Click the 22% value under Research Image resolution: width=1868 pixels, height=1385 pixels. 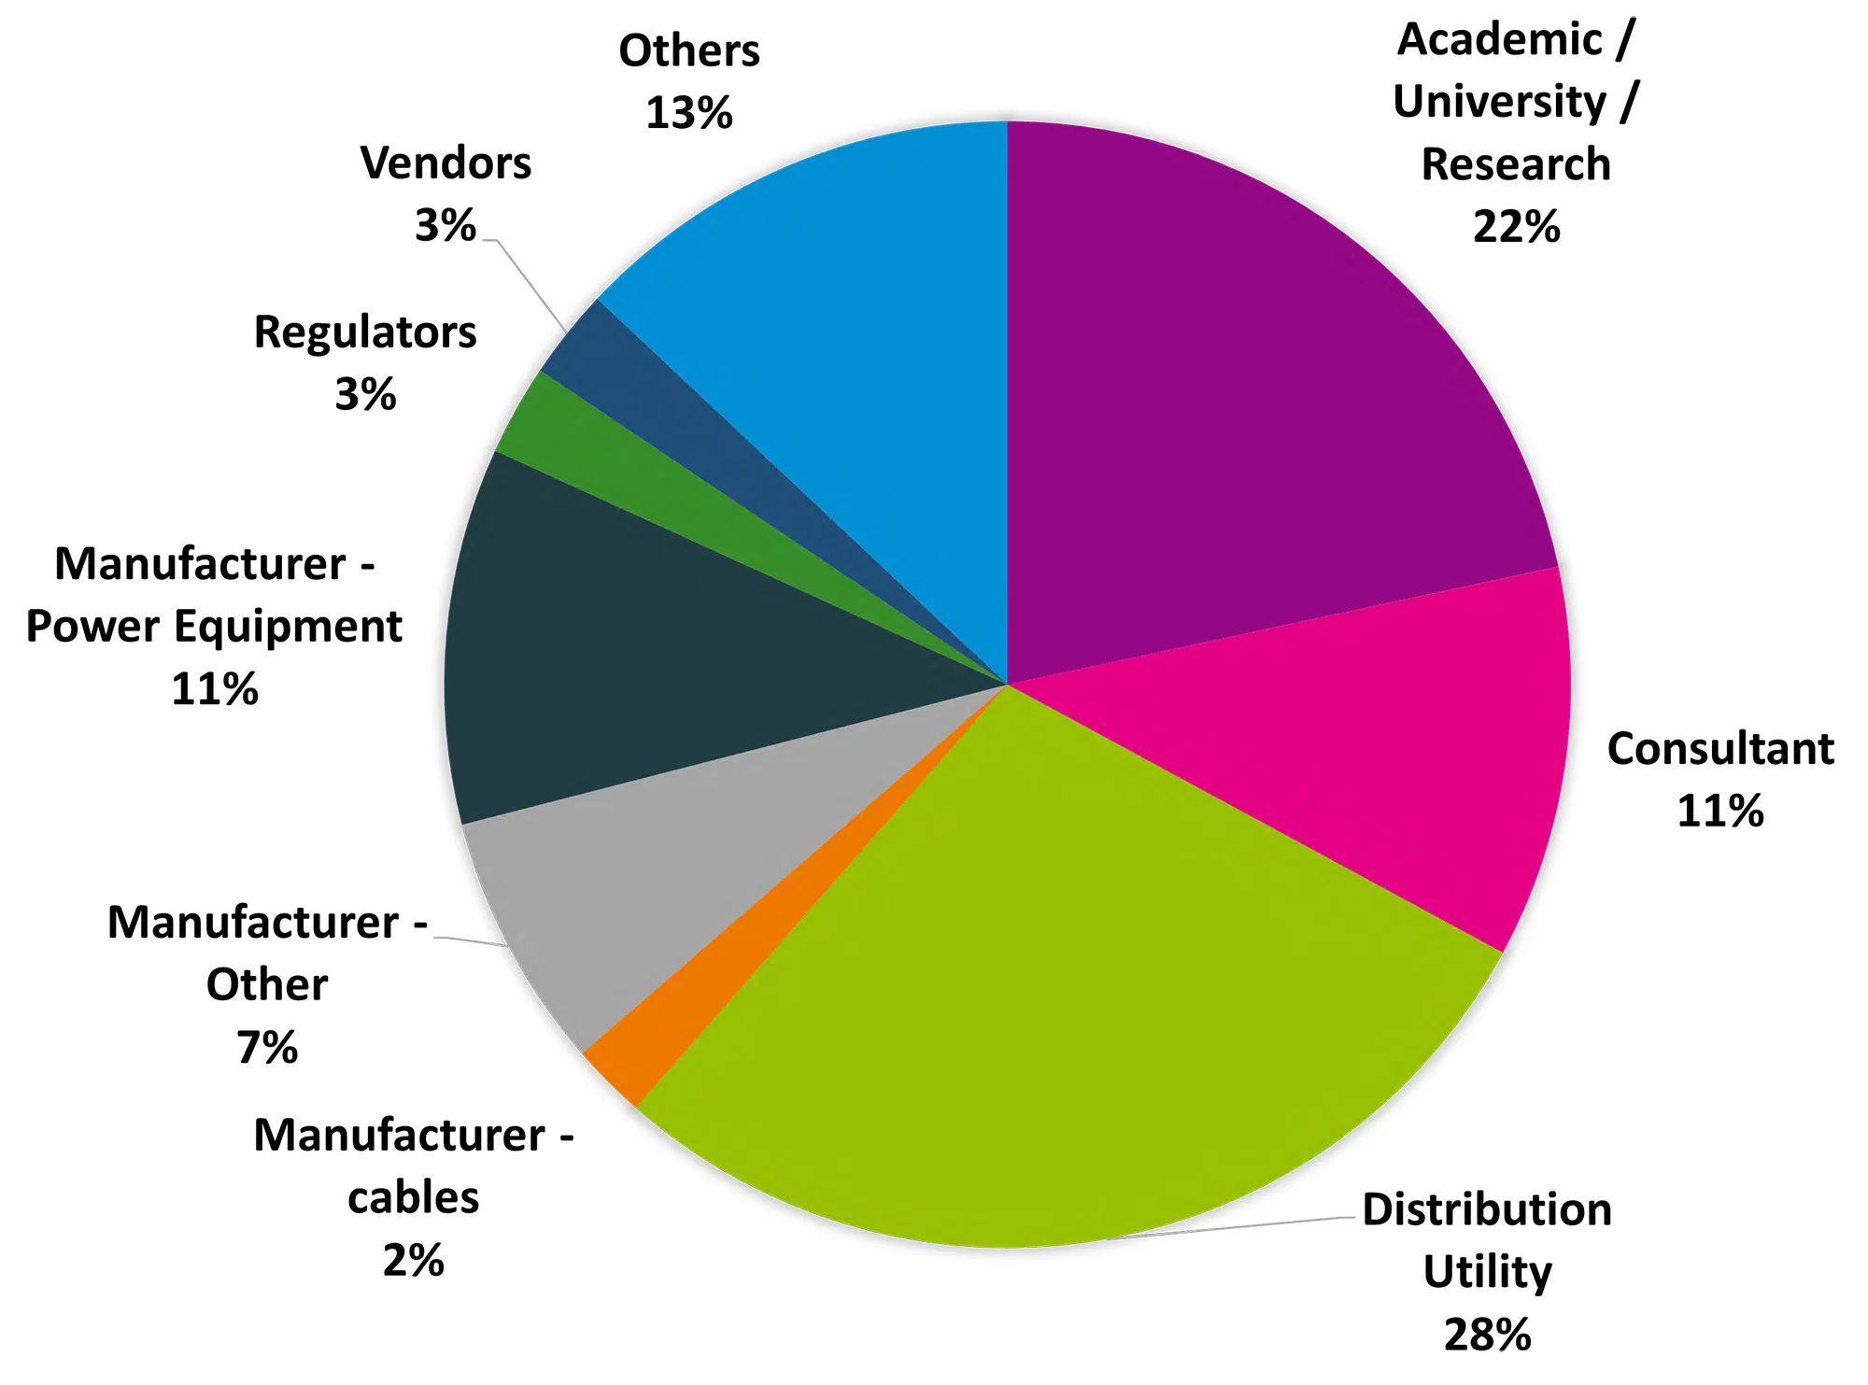point(1516,227)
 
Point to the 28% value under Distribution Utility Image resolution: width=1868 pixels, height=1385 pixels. point(1487,1334)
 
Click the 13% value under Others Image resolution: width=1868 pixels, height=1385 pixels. point(689,113)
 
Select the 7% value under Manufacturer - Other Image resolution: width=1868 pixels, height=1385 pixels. point(267,1047)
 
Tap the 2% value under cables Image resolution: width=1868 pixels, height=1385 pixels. point(413,1260)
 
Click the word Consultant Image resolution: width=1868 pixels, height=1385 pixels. point(1720,748)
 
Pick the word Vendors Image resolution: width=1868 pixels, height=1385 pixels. point(446,163)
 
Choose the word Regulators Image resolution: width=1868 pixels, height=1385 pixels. point(365,332)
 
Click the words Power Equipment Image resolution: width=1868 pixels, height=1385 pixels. point(214,627)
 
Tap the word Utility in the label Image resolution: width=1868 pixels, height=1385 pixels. point(1487,1271)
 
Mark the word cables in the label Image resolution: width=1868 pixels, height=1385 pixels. point(413,1197)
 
